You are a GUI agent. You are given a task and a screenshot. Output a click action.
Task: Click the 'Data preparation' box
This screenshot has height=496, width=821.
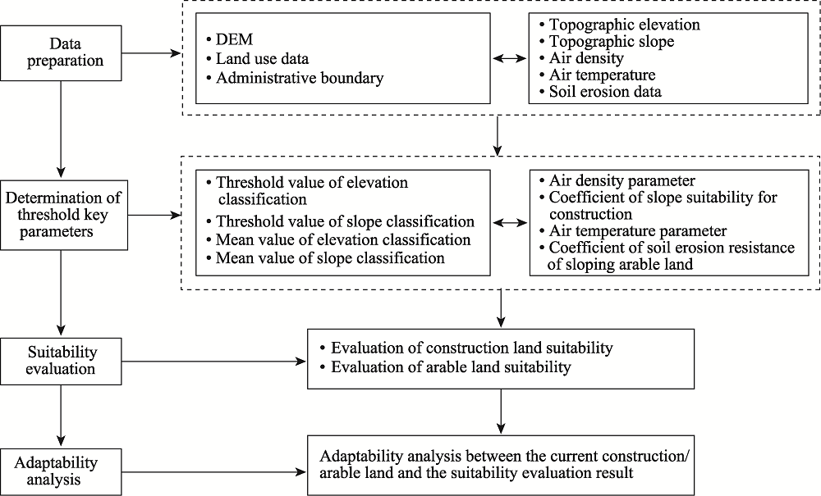click(61, 52)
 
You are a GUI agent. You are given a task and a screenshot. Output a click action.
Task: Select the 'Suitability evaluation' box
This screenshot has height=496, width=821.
click(61, 362)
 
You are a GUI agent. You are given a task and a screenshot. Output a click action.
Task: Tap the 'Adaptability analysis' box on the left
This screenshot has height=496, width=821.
click(61, 471)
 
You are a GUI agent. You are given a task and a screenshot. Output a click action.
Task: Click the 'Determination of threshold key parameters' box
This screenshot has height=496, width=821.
click(63, 215)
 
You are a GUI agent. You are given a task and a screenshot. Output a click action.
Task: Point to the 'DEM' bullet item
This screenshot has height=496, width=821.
click(229, 39)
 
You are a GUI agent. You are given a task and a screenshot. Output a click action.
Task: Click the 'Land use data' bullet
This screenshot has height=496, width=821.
click(257, 58)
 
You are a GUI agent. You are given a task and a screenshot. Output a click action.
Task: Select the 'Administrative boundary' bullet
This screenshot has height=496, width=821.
click(295, 78)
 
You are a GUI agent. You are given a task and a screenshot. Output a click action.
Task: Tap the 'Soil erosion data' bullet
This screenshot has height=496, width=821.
click(600, 92)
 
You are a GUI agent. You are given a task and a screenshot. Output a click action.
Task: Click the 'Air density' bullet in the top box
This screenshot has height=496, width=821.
click(581, 58)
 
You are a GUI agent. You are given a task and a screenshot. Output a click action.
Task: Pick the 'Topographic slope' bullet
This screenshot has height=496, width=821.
click(607, 41)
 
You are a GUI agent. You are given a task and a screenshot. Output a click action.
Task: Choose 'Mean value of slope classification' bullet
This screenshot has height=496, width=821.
click(325, 257)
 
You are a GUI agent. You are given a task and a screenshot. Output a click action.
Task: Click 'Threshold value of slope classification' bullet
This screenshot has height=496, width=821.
click(341, 221)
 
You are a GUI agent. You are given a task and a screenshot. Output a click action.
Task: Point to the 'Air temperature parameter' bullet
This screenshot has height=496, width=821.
click(632, 230)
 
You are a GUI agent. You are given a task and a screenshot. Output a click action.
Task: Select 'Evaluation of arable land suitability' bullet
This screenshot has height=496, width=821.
click(446, 367)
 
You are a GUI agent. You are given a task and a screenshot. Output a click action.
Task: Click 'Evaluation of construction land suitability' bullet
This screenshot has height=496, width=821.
click(466, 348)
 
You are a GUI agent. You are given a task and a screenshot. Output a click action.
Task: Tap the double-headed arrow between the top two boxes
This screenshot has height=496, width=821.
click(510, 58)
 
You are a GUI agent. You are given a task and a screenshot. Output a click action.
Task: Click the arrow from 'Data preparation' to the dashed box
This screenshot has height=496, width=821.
click(151, 52)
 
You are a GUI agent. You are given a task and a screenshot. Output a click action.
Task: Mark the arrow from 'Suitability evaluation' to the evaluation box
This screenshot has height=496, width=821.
click(214, 362)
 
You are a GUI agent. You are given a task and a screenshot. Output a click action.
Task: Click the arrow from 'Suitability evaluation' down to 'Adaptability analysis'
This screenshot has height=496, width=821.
click(61, 416)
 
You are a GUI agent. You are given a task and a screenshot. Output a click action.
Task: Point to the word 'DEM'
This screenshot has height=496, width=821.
click(234, 39)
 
